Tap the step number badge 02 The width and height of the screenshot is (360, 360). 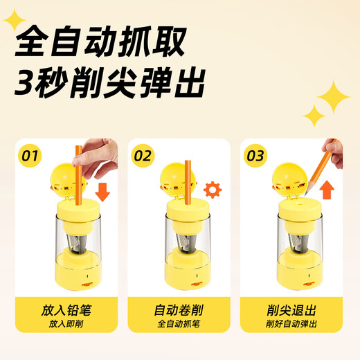click(x=143, y=155)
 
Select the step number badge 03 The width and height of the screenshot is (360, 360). click(x=255, y=155)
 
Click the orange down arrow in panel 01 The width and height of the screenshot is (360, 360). click(x=102, y=190)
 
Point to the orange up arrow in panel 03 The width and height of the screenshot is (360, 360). click(x=328, y=190)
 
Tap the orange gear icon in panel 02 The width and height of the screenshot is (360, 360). click(x=213, y=188)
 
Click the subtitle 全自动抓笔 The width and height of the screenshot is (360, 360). click(x=179, y=324)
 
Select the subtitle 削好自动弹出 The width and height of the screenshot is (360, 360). click(x=291, y=324)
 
